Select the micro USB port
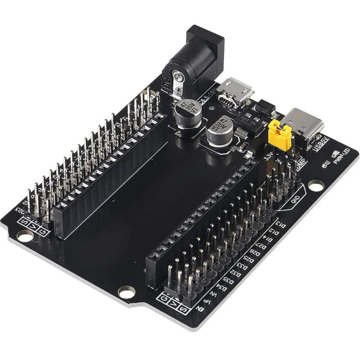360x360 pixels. click(234, 91)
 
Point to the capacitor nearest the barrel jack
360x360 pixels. click(188, 112)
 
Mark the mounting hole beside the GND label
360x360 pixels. click(316, 186)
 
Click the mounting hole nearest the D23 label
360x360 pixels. click(25, 236)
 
